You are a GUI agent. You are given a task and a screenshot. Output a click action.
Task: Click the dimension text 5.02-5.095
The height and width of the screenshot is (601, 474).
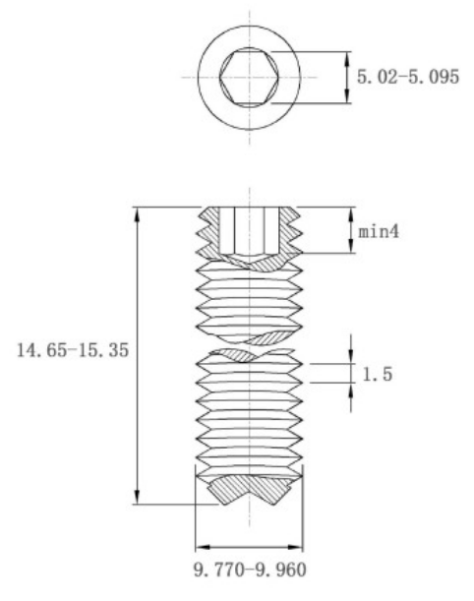pos(408,77)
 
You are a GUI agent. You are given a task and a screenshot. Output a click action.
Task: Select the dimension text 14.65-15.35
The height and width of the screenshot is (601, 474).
pos(73,350)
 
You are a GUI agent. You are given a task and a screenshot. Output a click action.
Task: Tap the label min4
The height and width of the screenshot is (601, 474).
pos(379,231)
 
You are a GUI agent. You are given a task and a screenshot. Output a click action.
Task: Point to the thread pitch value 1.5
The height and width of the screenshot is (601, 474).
pos(378,374)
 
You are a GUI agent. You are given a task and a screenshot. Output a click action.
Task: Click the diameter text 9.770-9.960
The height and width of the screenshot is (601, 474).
pos(250,570)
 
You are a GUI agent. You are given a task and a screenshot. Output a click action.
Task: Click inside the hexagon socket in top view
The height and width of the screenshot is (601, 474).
pos(249,77)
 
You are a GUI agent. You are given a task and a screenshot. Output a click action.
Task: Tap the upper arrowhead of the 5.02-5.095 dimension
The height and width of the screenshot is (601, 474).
pos(347,59)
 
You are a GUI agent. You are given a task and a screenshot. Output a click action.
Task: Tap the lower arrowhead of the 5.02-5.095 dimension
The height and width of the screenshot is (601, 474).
pos(347,95)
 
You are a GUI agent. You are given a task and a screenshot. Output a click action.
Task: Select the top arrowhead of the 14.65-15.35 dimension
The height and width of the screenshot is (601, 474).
pos(137,214)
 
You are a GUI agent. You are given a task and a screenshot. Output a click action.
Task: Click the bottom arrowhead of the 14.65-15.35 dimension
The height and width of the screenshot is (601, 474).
pos(137,497)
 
